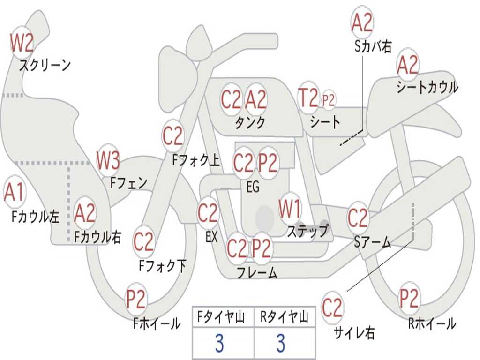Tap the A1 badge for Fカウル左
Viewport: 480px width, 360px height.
click(14, 192)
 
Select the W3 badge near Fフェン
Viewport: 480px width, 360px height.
click(108, 161)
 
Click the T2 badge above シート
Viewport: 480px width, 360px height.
click(308, 98)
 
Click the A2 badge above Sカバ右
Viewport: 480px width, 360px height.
click(362, 22)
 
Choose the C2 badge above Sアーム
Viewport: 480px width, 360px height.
click(358, 217)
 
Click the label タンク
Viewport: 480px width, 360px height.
click(250, 122)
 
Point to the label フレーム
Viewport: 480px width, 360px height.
click(257, 272)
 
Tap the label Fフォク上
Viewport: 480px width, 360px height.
click(196, 160)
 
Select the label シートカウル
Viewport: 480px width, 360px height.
click(427, 87)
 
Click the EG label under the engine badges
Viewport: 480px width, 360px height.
click(253, 187)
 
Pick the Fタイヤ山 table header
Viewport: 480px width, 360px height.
click(221, 317)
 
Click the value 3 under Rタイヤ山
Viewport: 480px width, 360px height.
click(281, 343)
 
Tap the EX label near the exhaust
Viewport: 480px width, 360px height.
click(211, 237)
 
